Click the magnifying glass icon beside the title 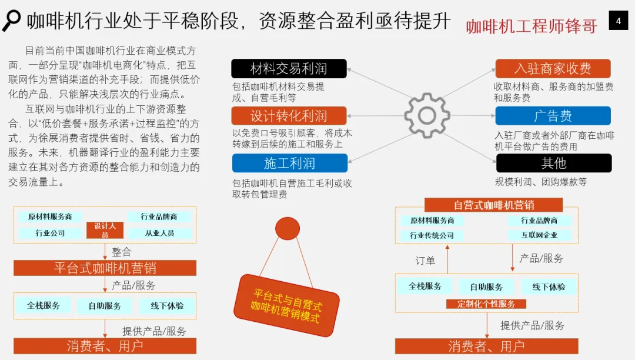pos(11,21)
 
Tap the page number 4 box pos(618,22)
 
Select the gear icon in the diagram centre pos(427,115)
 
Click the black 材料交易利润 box pos(289,69)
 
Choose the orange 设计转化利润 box pos(289,116)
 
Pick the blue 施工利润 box pos(289,163)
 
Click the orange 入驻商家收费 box pos(553,69)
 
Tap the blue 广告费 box pos(553,116)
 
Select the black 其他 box pos(553,163)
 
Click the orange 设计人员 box pos(105,230)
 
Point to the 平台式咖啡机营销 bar pos(105,268)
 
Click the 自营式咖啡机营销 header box pos(493,205)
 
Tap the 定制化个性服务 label pos(486,304)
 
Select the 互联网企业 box pos(539,235)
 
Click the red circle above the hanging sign pos(288,229)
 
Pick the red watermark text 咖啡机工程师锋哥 pos(532,26)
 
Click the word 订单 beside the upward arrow pos(425,261)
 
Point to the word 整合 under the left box pos(122,252)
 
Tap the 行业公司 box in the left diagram pos(50,233)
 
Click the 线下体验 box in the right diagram pos(549,286)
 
